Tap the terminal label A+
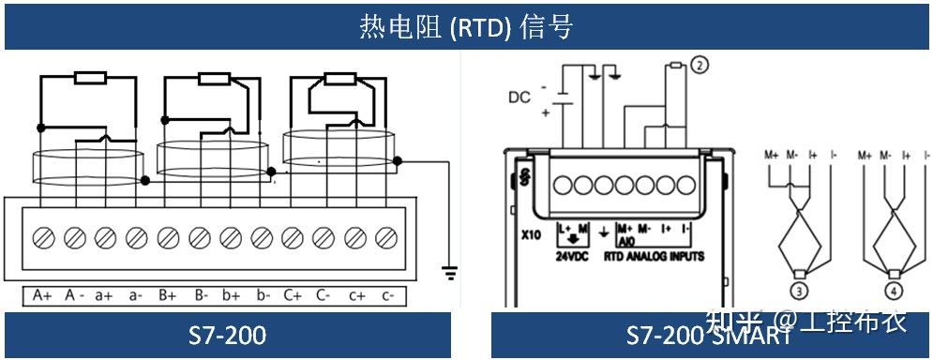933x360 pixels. pyautogui.click(x=42, y=295)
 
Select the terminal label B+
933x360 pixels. pyautogui.click(x=168, y=295)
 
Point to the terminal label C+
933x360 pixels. pyautogui.click(x=293, y=295)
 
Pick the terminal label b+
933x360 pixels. pyautogui.click(x=232, y=295)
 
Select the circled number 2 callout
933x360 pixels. pyautogui.click(x=699, y=65)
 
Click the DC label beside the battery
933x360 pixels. pyautogui.click(x=519, y=97)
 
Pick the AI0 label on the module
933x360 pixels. pyautogui.click(x=620, y=241)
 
